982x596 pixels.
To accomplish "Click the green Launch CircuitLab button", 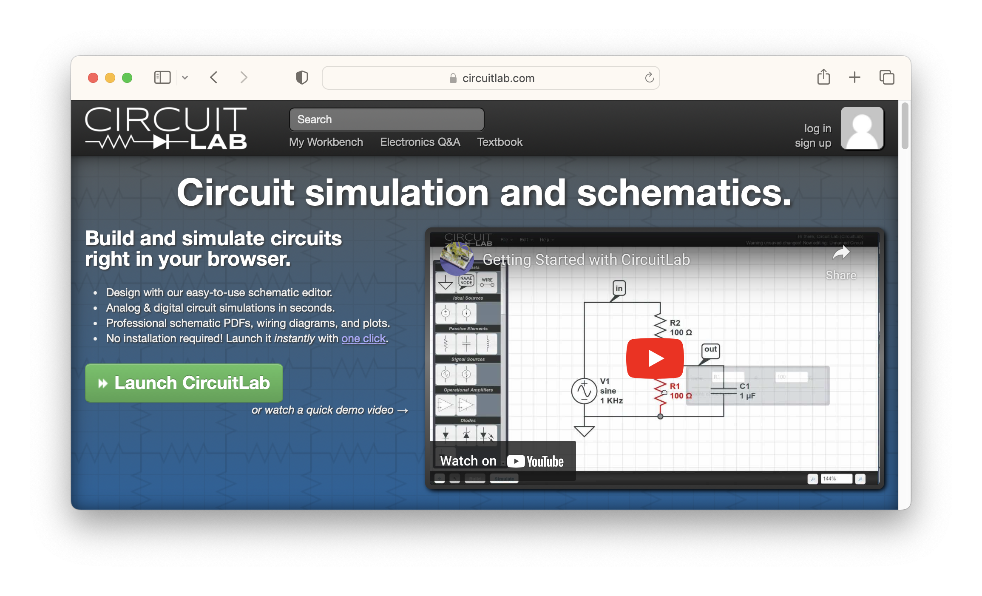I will (184, 383).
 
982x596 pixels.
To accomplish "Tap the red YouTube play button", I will (655, 358).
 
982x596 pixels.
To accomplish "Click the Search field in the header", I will (386, 119).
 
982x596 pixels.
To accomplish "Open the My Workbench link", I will (326, 142).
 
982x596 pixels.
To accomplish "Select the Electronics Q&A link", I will (420, 142).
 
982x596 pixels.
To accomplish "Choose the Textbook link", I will (500, 142).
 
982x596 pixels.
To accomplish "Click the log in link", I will (817, 128).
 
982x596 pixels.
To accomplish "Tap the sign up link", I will (813, 143).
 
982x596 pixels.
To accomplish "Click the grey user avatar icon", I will (862, 128).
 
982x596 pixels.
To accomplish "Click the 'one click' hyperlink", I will (363, 338).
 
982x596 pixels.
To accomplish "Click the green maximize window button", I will (127, 78).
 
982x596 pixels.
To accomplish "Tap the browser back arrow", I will (214, 77).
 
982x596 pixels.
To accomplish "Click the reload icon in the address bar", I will (649, 78).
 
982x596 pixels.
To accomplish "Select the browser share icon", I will (823, 77).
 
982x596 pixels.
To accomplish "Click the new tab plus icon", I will (854, 77).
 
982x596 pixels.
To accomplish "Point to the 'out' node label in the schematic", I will (710, 349).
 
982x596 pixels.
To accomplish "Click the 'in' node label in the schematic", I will (619, 288).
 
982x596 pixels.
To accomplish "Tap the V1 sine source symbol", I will (584, 391).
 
